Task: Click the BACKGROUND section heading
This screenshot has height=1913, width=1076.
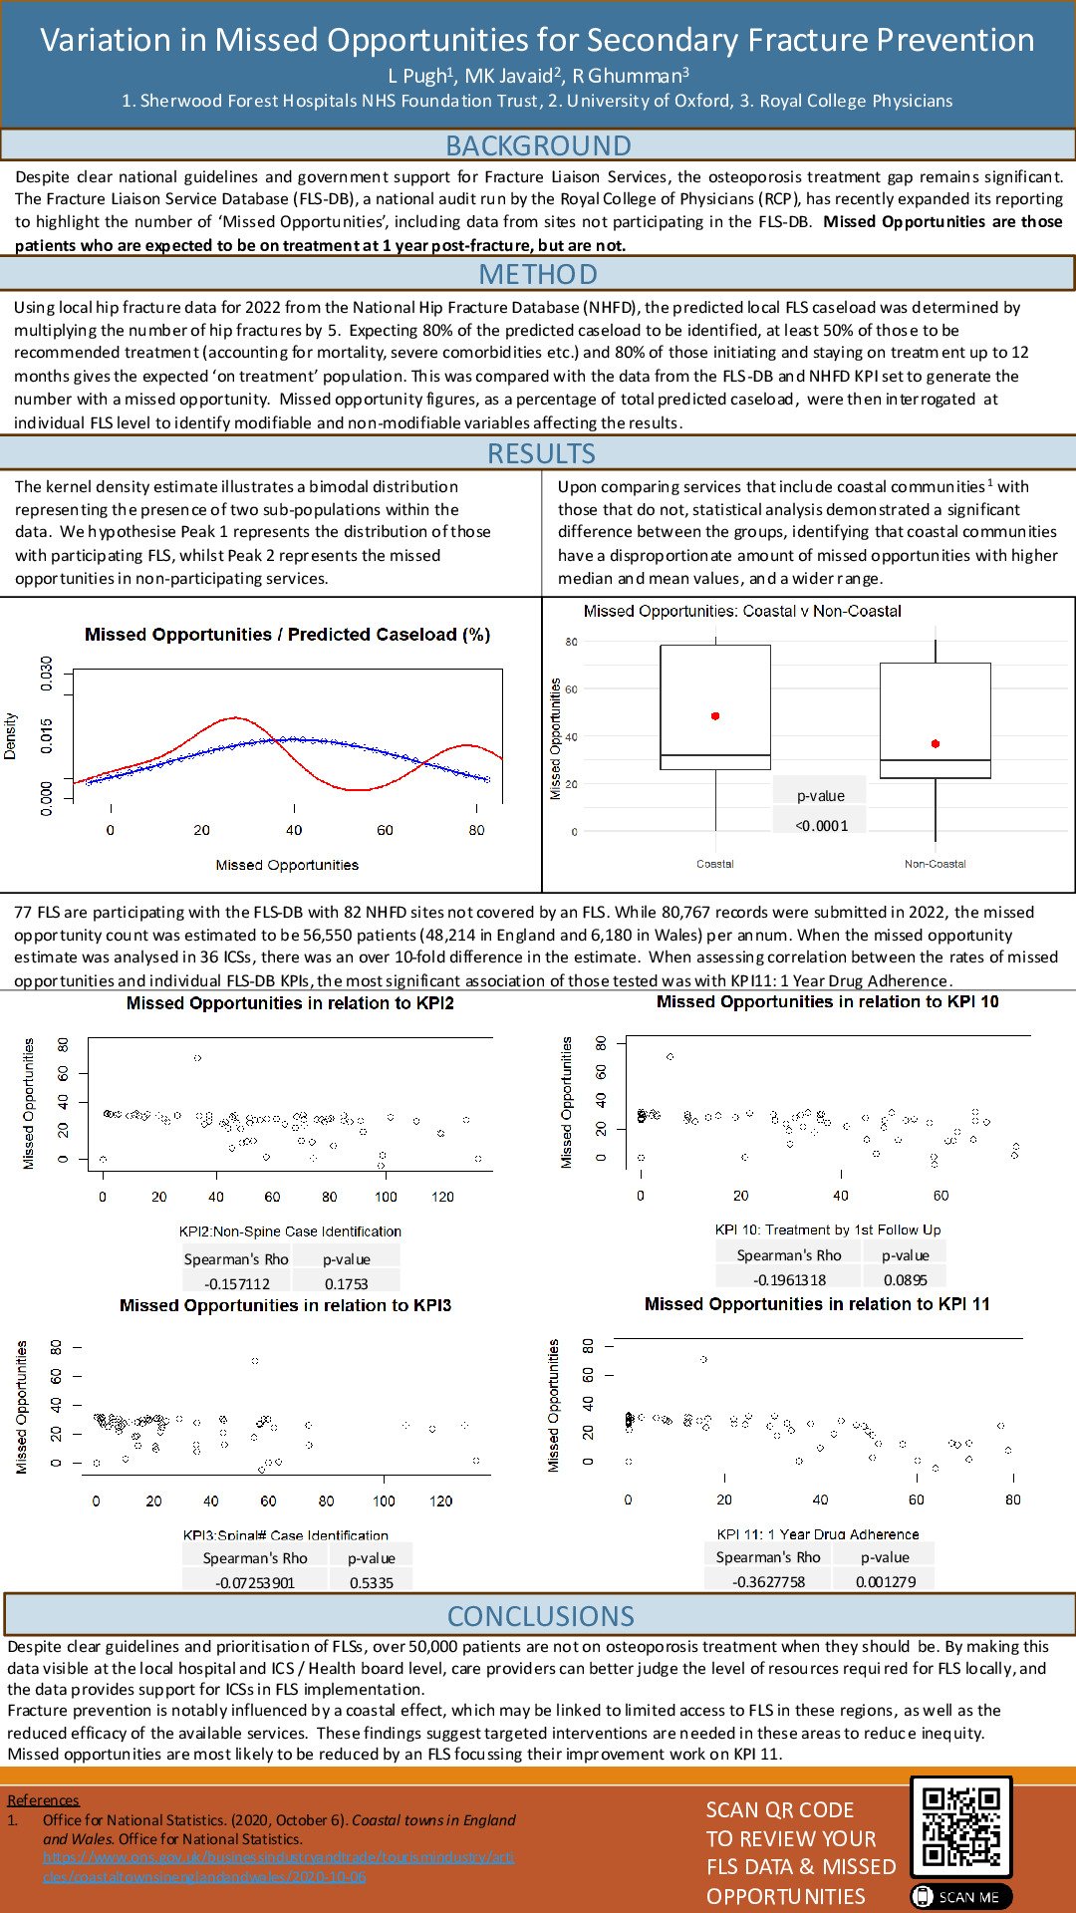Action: click(538, 145)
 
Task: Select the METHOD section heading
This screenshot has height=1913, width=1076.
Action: click(538, 274)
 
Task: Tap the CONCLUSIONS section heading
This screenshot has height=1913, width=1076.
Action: click(540, 1615)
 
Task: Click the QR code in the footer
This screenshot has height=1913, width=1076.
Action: click(960, 1826)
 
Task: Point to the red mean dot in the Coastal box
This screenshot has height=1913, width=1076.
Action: click(715, 716)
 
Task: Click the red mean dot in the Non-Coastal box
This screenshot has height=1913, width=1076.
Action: click(936, 743)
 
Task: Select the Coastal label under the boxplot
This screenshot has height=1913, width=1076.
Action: click(715, 864)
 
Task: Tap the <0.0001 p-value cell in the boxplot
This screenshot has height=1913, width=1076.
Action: click(821, 825)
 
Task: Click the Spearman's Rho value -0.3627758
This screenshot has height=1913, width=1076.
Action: click(768, 1581)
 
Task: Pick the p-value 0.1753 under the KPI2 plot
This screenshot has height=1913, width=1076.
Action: click(346, 1283)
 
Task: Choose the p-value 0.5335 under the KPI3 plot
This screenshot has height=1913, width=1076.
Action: click(372, 1582)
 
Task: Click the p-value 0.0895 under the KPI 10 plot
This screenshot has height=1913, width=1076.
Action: click(905, 1279)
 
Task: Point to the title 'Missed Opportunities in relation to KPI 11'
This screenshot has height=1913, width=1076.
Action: click(817, 1304)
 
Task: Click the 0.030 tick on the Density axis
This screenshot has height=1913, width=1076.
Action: click(46, 674)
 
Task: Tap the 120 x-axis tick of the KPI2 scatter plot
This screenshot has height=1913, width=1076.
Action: click(442, 1197)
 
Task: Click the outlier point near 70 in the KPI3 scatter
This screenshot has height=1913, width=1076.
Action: click(255, 1360)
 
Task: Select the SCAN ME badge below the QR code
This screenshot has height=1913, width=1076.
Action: click(960, 1897)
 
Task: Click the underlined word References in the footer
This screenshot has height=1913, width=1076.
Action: click(43, 1799)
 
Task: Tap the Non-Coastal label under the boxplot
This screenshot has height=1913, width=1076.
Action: click(936, 864)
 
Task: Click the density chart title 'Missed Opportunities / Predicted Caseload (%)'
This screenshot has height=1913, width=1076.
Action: click(287, 635)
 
